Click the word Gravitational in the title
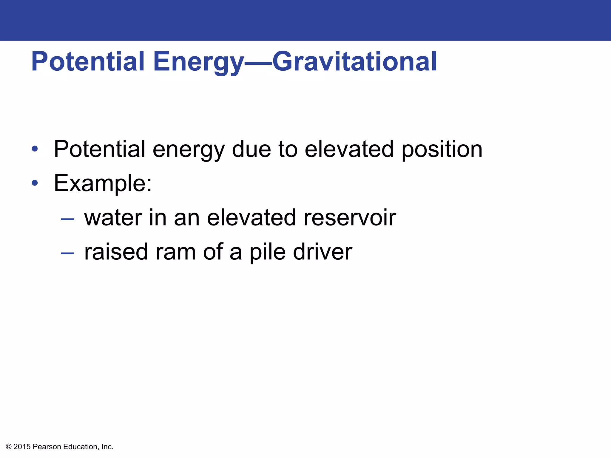tap(354, 61)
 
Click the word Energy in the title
tap(198, 61)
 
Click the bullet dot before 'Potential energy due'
tap(35, 149)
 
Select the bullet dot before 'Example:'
tap(35, 183)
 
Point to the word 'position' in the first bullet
tap(442, 149)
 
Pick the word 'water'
tap(113, 217)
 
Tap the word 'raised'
tap(116, 252)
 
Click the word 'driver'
tap(323, 252)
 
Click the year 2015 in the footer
tap(22, 447)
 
